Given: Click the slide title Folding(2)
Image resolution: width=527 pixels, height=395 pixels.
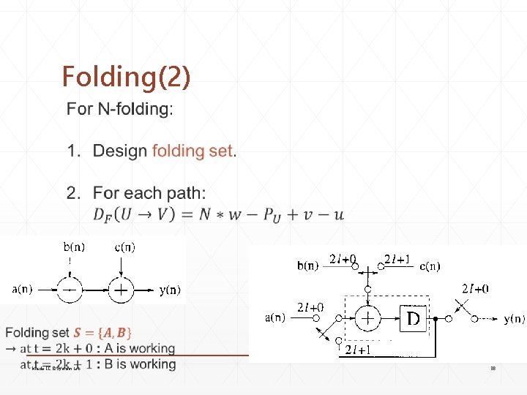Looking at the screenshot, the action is tap(126, 76).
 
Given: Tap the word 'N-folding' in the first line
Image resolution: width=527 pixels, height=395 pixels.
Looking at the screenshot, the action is tap(134, 110).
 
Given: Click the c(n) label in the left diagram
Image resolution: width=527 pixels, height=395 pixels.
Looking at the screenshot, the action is tap(124, 247).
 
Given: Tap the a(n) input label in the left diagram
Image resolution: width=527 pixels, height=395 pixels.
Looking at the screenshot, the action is tap(20, 290).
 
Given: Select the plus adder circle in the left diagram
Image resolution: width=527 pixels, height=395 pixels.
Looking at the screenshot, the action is tap(122, 290).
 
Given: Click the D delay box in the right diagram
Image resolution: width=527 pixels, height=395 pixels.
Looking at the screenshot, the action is tap(414, 319).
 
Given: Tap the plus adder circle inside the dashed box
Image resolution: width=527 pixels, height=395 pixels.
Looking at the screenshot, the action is tap(368, 319).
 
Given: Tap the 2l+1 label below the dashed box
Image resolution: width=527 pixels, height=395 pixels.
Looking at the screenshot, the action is tap(357, 350).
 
